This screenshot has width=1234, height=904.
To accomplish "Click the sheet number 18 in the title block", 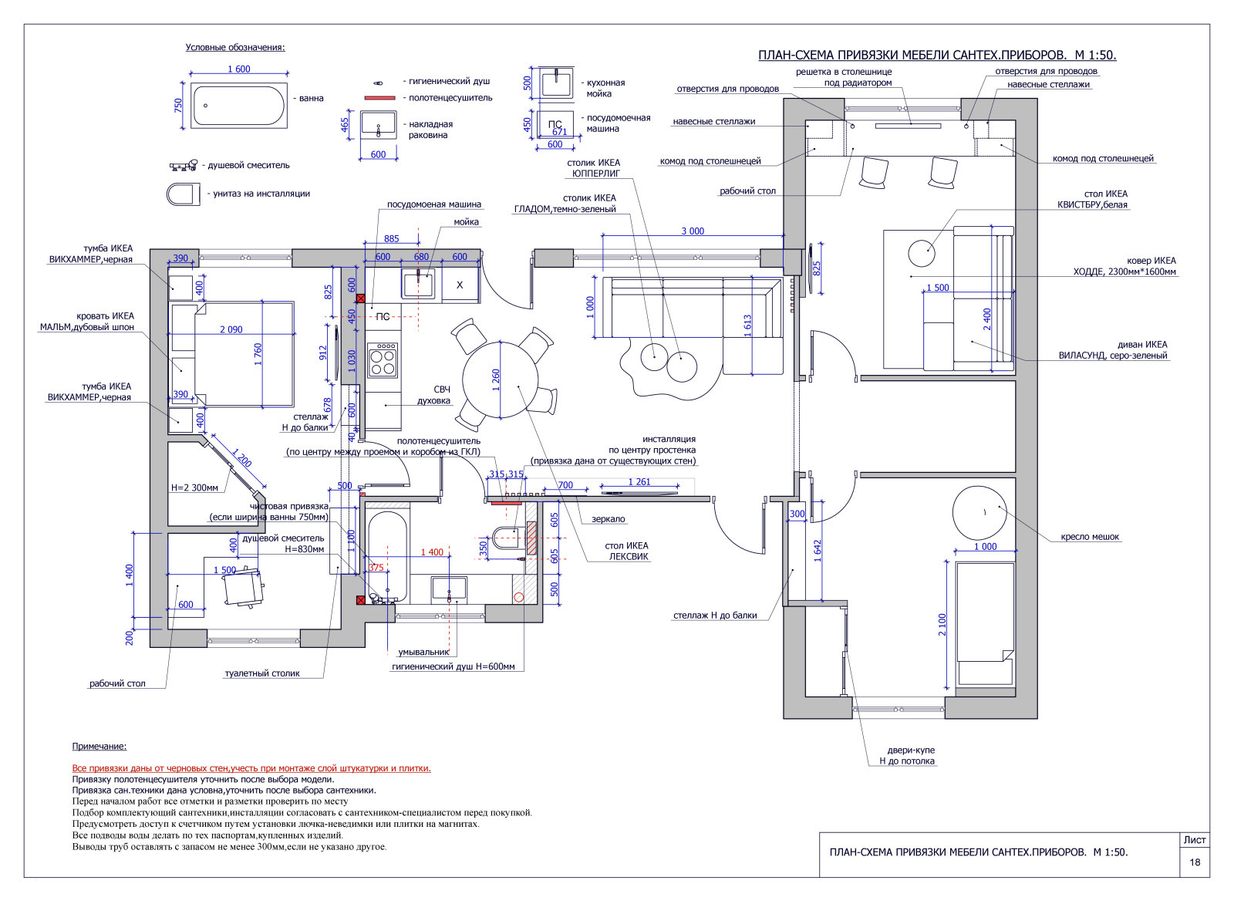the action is point(1195,862).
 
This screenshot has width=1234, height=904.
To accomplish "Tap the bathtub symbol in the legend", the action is point(238,105).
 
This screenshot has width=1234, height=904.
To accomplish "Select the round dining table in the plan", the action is point(500,380).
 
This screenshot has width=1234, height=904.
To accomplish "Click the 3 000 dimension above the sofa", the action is point(693,231).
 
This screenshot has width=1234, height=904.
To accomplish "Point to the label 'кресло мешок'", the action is point(1090,537).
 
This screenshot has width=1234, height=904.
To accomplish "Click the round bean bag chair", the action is point(979,513).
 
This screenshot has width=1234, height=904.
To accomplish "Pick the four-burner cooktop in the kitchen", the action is point(383,360).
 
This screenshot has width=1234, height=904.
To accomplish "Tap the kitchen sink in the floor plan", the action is point(418,285).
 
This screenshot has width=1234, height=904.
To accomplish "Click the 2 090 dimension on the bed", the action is point(231,329).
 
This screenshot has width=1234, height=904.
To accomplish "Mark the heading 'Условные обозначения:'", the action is point(235,47).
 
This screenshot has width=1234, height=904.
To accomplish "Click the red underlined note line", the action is point(251,768).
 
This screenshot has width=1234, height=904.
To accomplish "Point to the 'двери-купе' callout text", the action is point(911,751).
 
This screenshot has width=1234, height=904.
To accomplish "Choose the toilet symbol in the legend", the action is point(183,194).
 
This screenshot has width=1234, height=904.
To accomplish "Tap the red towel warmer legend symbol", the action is point(379,98).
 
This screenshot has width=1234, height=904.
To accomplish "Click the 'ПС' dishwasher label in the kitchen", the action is point(383,317).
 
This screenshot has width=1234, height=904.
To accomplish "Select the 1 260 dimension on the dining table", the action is point(496,380).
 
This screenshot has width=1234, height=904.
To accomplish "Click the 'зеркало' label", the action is point(609,519).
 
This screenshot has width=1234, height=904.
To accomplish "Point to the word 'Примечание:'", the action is point(99,747).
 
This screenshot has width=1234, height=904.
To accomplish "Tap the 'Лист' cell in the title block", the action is point(1195,840).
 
